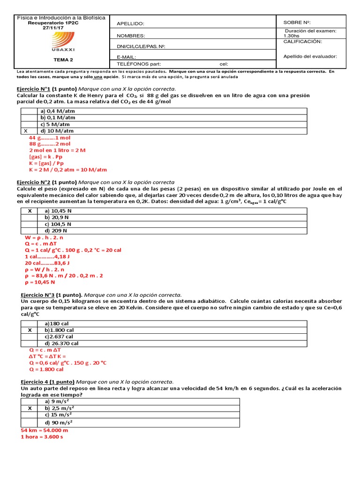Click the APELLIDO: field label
pyautogui.click(x=131, y=24)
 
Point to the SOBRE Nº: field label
pyautogui.click(x=297, y=22)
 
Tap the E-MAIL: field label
pyautogui.click(x=126, y=57)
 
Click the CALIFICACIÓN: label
pyautogui.click(x=303, y=42)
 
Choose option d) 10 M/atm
pyautogui.click(x=58, y=131)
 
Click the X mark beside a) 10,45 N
pyautogui.click(x=30, y=211)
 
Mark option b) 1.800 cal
pyautogui.click(x=59, y=330)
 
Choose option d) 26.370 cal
pyautogui.click(x=61, y=343)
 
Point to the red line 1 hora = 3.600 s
pyautogui.click(x=42, y=437)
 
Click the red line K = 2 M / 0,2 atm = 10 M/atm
pyautogui.click(x=68, y=170)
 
